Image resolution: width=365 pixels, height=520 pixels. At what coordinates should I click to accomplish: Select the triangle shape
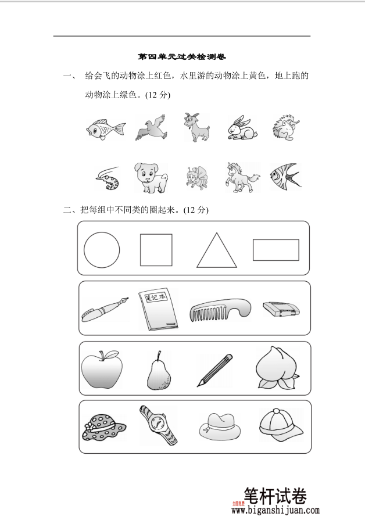217,252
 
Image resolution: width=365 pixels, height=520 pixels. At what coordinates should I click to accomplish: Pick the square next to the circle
156,250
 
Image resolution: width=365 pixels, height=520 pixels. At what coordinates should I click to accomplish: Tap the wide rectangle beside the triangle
275,250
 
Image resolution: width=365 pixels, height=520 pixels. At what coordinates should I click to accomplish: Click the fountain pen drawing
105,308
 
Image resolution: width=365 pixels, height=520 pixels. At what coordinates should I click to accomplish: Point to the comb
220,309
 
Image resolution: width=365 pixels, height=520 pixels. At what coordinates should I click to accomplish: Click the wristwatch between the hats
157,426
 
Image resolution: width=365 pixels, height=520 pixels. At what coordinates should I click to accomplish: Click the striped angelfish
285,175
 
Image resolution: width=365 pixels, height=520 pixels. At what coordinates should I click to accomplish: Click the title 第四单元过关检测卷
181,57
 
